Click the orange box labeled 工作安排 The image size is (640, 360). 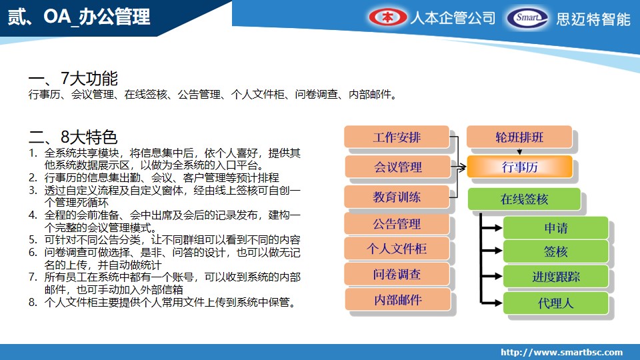pyautogui.click(x=397, y=137)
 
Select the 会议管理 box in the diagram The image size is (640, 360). pyautogui.click(x=398, y=167)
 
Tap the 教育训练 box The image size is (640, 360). pyautogui.click(x=397, y=197)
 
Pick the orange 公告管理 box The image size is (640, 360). pyautogui.click(x=397, y=224)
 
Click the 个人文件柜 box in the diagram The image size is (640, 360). pyautogui.click(x=397, y=249)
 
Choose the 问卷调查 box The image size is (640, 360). pyautogui.click(x=397, y=274)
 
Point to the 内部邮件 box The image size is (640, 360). pyautogui.click(x=398, y=299)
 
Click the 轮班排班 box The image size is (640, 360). pyautogui.click(x=519, y=137)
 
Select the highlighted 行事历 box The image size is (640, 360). pyautogui.click(x=519, y=167)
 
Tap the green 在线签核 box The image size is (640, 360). pyautogui.click(x=524, y=199)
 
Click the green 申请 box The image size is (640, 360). pyautogui.click(x=556, y=228)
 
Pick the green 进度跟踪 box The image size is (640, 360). pyautogui.click(x=556, y=276)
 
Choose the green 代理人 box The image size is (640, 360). pyautogui.click(x=556, y=303)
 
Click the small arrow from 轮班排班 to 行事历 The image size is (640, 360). pyautogui.click(x=519, y=151)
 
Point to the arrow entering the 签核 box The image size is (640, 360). pyautogui.click(x=491, y=251)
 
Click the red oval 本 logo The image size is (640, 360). pyautogui.click(x=388, y=17)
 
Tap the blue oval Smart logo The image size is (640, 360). pyautogui.click(x=528, y=18)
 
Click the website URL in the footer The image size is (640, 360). pyautogui.click(x=561, y=352)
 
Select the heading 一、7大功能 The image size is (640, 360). pyautogui.click(x=73, y=79)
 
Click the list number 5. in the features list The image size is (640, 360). pyautogui.click(x=33, y=239)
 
